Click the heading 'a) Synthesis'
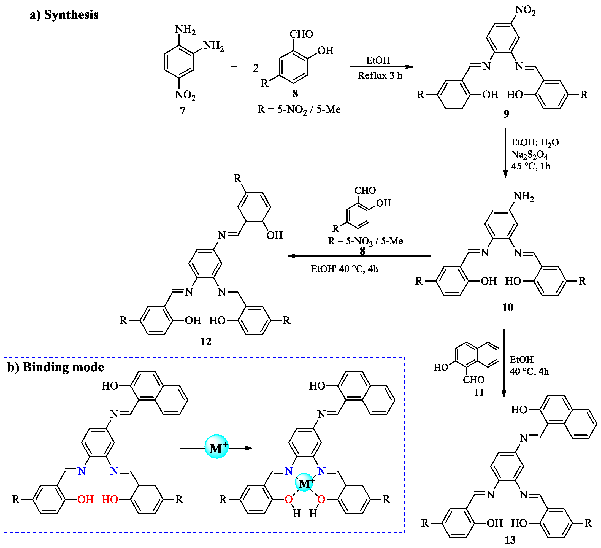pyautogui.click(x=64, y=15)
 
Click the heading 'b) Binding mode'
pyautogui.click(x=56, y=367)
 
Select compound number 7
pyautogui.click(x=182, y=110)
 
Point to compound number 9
pyautogui.click(x=506, y=114)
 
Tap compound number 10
pyautogui.click(x=507, y=307)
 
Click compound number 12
pyautogui.click(x=206, y=342)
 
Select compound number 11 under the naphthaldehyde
pyautogui.click(x=478, y=393)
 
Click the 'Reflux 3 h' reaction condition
pyautogui.click(x=380, y=76)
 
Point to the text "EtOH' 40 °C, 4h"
pyautogui.click(x=344, y=269)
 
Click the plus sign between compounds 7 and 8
pyautogui.click(x=234, y=66)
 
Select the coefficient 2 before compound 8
pyautogui.click(x=256, y=68)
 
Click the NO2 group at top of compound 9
pyautogui.click(x=525, y=10)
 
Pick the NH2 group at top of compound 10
pyautogui.click(x=524, y=196)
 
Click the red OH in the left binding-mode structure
pyautogui.click(x=86, y=500)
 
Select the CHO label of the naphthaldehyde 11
pyautogui.click(x=473, y=380)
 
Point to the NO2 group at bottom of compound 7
pyautogui.click(x=185, y=95)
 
